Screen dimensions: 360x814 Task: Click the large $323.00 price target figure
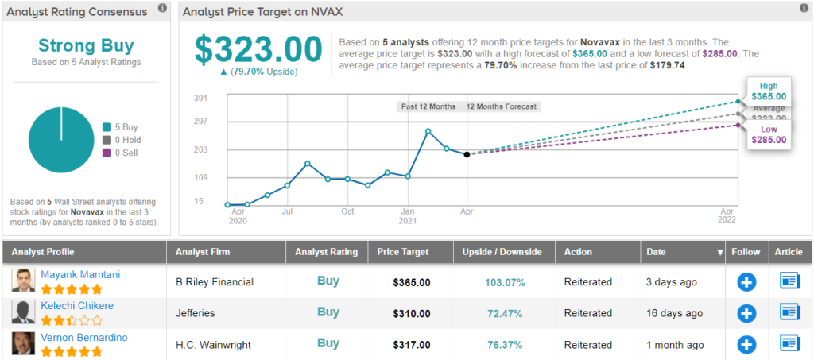259,49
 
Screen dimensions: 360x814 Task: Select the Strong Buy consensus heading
86,45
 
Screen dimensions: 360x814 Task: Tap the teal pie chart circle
61,140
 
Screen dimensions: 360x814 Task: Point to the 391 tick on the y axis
201,98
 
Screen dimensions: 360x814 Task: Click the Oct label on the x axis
347,212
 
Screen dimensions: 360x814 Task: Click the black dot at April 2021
467,154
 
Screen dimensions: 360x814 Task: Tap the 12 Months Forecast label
501,106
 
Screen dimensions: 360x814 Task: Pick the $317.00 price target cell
412,345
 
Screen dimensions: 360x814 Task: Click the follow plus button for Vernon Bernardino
746,344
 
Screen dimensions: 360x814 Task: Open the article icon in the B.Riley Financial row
789,281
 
